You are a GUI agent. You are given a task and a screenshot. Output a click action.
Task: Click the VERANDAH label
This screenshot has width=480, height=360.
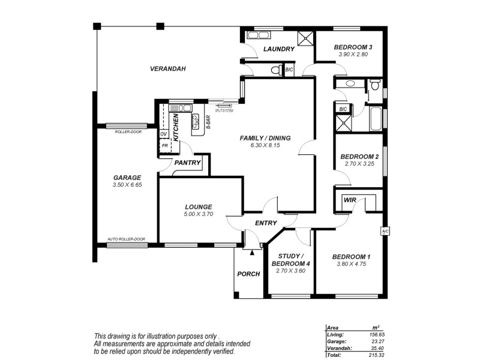tap(167, 69)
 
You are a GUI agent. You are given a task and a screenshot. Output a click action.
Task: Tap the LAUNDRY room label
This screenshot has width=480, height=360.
tap(279, 49)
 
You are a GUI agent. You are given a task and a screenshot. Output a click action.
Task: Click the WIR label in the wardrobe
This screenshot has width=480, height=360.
tap(350, 200)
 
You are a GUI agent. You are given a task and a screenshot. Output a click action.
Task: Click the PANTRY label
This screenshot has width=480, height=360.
tap(187, 162)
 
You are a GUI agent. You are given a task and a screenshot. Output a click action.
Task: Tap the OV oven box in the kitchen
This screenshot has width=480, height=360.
tap(163, 134)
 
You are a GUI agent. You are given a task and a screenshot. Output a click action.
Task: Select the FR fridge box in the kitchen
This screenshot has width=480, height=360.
tap(163, 145)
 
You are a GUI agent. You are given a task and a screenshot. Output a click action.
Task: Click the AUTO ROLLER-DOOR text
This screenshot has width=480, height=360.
tap(126, 239)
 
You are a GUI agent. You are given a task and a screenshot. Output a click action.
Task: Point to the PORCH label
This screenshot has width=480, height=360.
tap(248, 274)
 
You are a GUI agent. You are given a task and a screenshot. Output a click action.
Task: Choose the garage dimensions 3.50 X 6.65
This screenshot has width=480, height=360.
tap(127, 185)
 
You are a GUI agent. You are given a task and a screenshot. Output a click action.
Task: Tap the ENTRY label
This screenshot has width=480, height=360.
tap(266, 223)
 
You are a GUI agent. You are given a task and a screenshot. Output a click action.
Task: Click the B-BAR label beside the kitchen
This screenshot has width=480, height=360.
tap(208, 122)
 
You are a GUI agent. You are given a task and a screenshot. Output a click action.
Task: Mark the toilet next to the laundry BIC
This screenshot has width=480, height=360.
tap(275, 71)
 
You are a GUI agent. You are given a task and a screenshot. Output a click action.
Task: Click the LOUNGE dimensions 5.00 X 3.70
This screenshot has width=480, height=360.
tap(199, 214)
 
